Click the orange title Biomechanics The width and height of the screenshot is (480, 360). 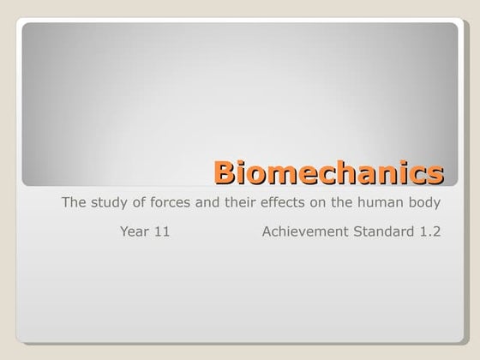(x=329, y=171)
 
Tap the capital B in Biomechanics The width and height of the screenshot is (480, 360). (x=225, y=171)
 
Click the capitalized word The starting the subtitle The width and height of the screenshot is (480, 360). (x=74, y=203)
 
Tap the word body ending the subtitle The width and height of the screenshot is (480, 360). (x=426, y=204)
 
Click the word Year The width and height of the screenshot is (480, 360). (x=135, y=231)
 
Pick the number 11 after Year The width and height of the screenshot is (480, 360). (x=161, y=231)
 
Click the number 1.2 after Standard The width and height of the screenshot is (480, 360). (x=431, y=231)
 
